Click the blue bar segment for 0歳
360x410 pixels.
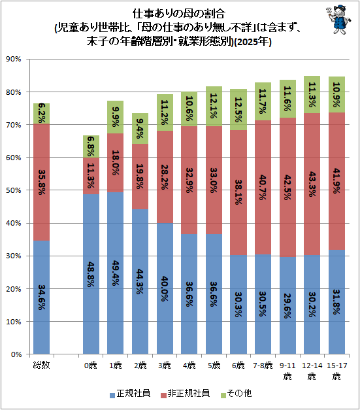(91, 274)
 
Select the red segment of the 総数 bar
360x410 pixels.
(42, 182)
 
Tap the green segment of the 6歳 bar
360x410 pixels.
(238, 110)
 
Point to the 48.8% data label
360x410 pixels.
(91, 274)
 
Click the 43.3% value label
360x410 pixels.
(312, 184)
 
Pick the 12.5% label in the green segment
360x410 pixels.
(238, 110)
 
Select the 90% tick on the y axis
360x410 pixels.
(13, 59)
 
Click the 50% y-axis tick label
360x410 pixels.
(13, 190)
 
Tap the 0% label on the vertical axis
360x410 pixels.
(16, 354)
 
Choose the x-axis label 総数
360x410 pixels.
(41, 365)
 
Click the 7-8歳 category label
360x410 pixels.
(263, 365)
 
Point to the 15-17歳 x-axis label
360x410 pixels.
(337, 371)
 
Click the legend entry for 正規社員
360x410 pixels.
(130, 393)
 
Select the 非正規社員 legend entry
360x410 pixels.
(185, 393)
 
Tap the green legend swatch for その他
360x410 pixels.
(223, 395)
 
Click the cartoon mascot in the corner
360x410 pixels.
(338, 19)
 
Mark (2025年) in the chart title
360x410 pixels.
(253, 42)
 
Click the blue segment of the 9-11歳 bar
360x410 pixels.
(287, 305)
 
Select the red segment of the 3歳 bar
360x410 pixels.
(165, 177)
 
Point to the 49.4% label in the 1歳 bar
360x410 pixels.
(115, 273)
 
